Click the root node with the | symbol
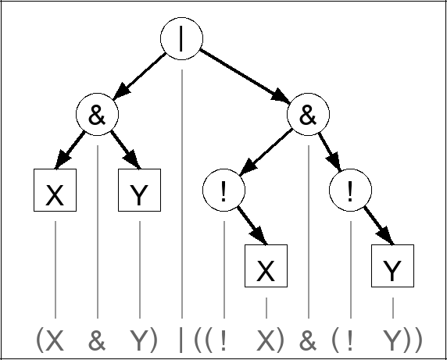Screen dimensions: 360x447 pos(181,39)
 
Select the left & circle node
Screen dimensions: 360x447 pos(97,116)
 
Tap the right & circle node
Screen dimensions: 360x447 pos(308,116)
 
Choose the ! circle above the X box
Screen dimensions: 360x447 pos(223,191)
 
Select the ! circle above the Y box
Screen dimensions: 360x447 pos(350,191)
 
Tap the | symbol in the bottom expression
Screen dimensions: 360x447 pos(181,340)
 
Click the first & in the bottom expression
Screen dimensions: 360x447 pos(97,340)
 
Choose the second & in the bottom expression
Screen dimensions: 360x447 pos(308,340)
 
